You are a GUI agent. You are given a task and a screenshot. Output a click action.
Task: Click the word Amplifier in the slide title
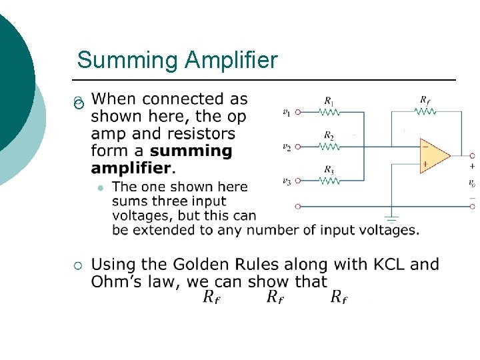pyautogui.click(x=231, y=61)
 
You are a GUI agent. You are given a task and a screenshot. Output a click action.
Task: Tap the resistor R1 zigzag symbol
pyautogui.click(x=329, y=113)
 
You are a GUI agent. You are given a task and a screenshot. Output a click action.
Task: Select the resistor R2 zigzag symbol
pyautogui.click(x=329, y=146)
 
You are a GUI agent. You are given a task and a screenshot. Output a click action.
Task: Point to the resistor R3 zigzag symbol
pyautogui.click(x=329, y=180)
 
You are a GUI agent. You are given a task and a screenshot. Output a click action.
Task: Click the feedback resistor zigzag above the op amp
pyautogui.click(x=424, y=111)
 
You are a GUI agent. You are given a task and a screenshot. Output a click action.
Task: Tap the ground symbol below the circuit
pyautogui.click(x=391, y=218)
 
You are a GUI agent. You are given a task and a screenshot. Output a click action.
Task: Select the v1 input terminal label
pyautogui.click(x=286, y=112)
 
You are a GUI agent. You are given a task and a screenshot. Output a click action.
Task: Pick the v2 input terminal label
pyautogui.click(x=286, y=146)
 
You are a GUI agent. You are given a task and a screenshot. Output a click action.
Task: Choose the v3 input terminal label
pyautogui.click(x=286, y=181)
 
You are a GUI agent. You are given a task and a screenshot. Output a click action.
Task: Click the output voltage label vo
pyautogui.click(x=472, y=183)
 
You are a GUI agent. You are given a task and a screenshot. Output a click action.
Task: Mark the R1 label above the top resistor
pyautogui.click(x=329, y=101)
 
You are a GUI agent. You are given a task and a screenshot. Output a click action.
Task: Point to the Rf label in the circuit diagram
pyautogui.click(x=425, y=99)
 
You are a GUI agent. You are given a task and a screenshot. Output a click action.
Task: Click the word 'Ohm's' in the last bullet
pyautogui.click(x=115, y=281)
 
